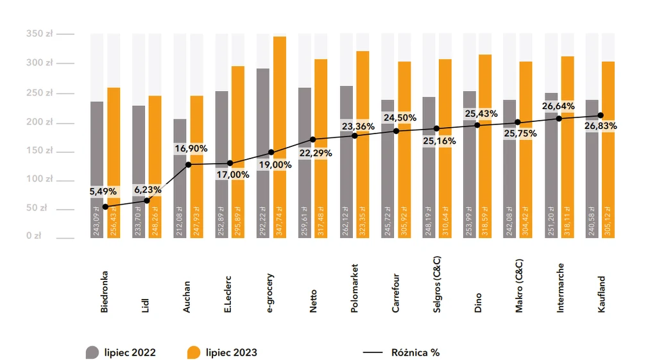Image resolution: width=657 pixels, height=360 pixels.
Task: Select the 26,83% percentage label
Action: click(x=600, y=126)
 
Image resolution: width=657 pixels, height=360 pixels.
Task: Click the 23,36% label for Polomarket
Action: click(x=357, y=126)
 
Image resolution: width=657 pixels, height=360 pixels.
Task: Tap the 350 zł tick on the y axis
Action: click(x=40, y=33)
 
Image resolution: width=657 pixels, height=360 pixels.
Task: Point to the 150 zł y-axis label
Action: click(x=40, y=151)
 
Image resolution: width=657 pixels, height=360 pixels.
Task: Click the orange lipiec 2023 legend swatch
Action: click(x=194, y=352)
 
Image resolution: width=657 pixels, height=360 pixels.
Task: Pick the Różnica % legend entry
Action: click(x=414, y=352)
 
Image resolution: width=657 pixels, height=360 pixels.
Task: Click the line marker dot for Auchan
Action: click(x=189, y=165)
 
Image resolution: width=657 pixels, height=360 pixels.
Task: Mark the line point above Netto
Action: click(x=313, y=139)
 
